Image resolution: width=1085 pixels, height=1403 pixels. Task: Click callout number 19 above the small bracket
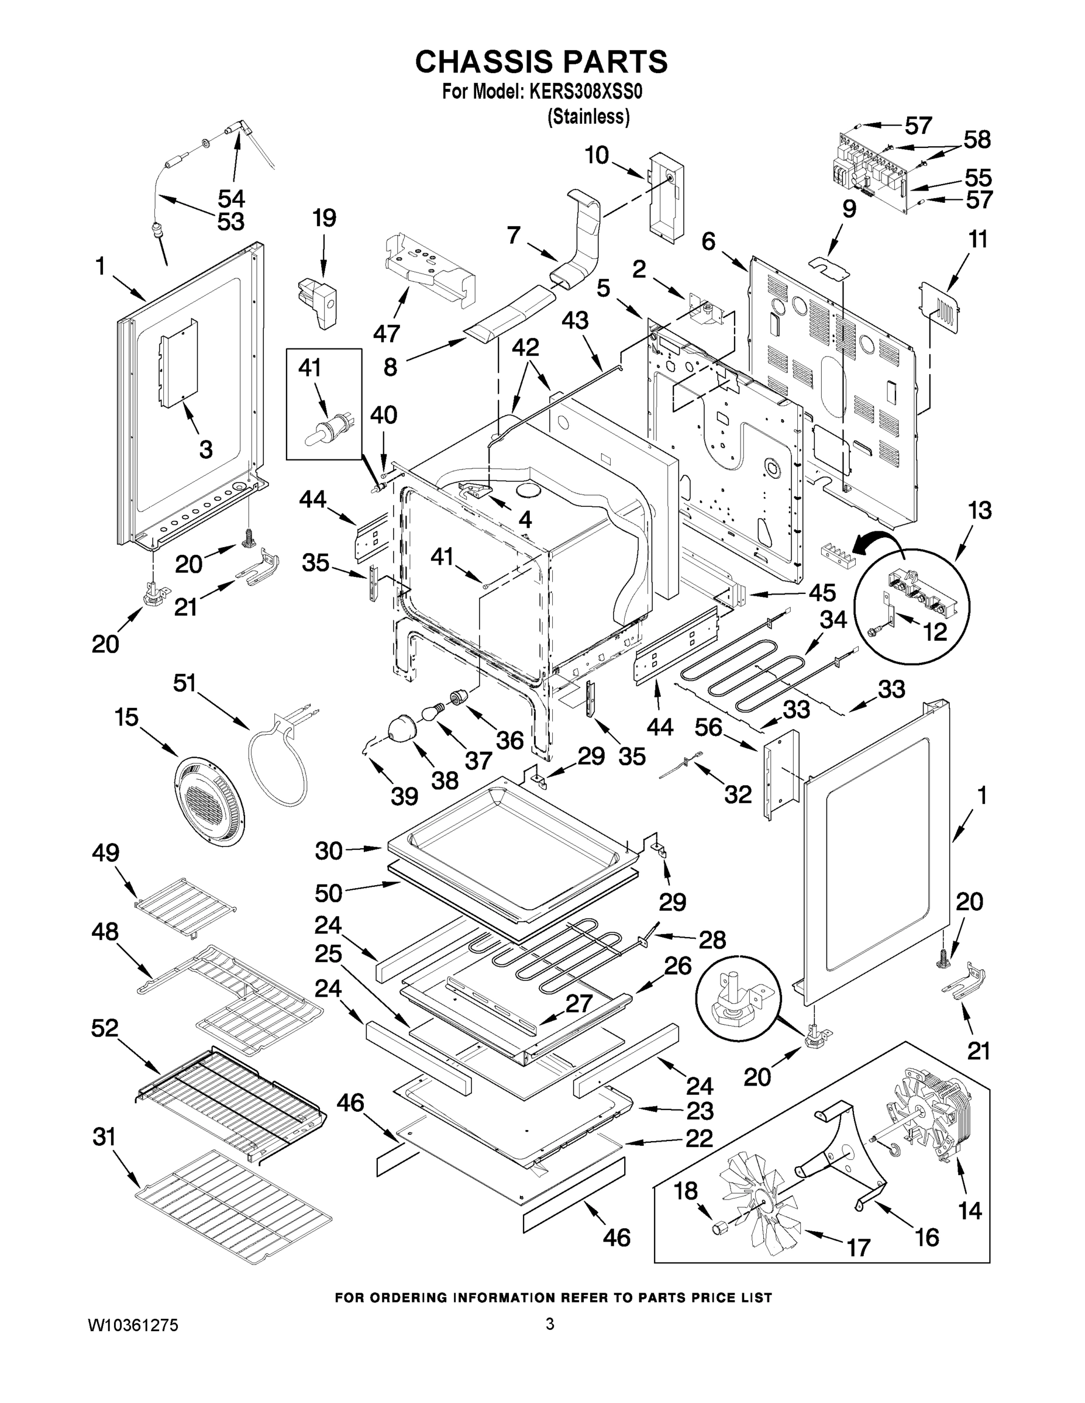coord(324,219)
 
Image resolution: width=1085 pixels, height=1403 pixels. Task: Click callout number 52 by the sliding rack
coord(105,1028)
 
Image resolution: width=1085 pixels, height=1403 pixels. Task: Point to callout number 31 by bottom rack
coord(104,1136)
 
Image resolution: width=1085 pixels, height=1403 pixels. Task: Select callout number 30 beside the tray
coord(329,851)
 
